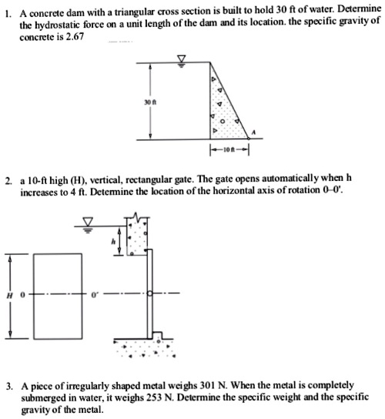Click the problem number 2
[x=5, y=179]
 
